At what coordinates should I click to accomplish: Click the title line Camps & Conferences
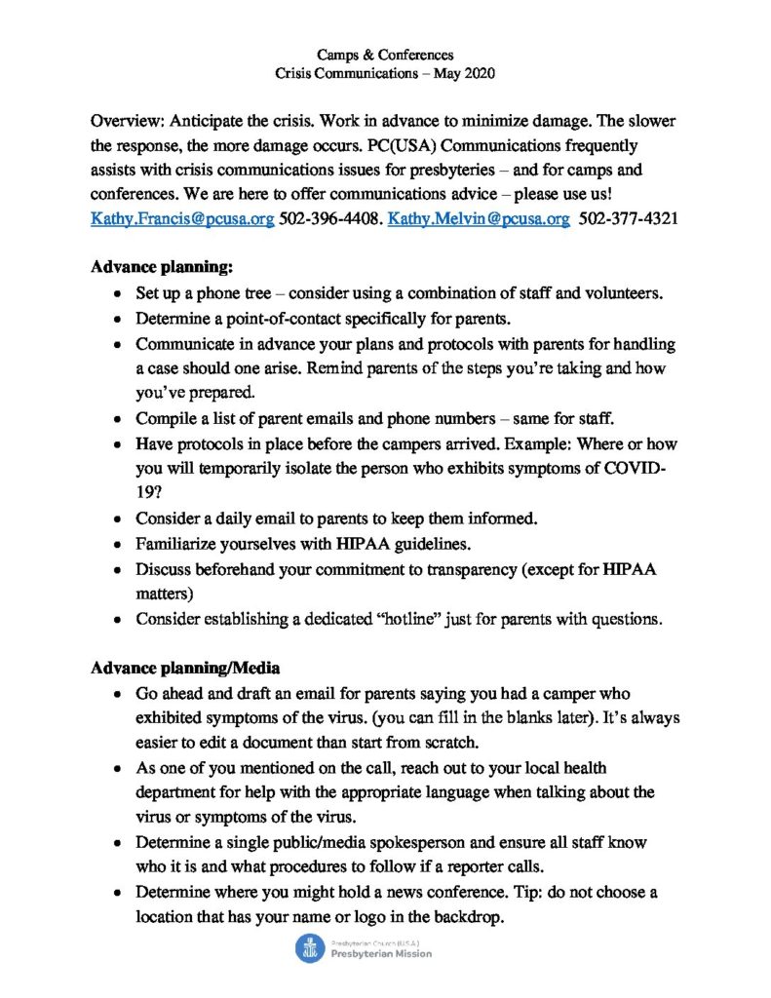coord(385,55)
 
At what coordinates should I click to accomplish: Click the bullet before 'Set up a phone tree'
coord(118,293)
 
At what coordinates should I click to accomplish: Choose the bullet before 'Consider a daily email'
coord(118,520)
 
